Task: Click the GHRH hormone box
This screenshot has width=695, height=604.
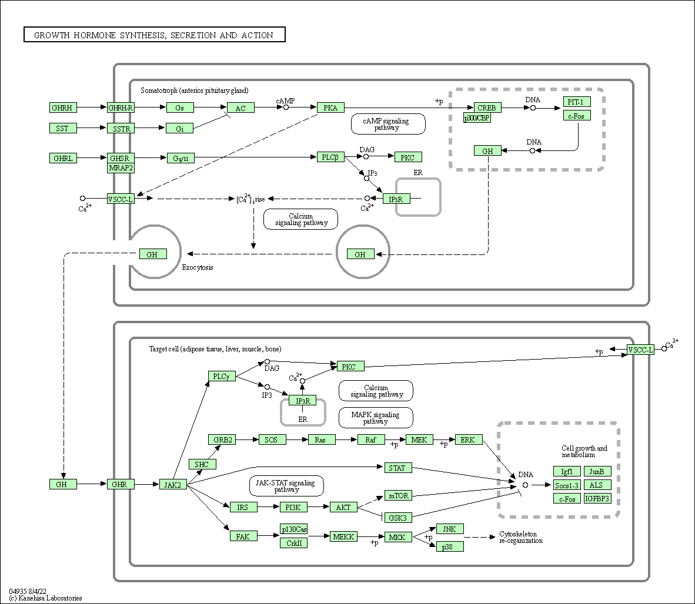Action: pyautogui.click(x=63, y=108)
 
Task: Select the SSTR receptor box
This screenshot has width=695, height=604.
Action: pyautogui.click(x=121, y=128)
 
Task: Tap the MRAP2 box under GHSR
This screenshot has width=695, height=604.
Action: pyautogui.click(x=121, y=168)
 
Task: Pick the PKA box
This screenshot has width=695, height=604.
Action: pyautogui.click(x=330, y=108)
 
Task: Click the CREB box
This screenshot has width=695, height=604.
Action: pyautogui.click(x=487, y=108)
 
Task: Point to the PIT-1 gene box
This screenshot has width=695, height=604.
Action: pyautogui.click(x=576, y=102)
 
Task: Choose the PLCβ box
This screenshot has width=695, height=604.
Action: pyautogui.click(x=330, y=157)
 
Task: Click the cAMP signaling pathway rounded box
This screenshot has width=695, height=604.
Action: pyautogui.click(x=388, y=124)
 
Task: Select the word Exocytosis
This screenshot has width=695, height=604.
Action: pyautogui.click(x=198, y=267)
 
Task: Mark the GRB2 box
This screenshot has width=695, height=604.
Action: pyautogui.click(x=222, y=439)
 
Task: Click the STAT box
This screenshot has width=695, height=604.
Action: pyautogui.click(x=398, y=468)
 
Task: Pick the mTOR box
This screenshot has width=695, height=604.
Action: pyautogui.click(x=398, y=495)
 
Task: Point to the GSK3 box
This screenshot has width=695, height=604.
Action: pyautogui.click(x=398, y=517)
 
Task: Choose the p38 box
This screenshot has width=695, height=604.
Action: pyautogui.click(x=450, y=546)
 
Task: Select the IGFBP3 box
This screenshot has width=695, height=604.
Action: pyautogui.click(x=597, y=498)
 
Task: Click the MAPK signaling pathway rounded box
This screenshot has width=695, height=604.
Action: pyautogui.click(x=376, y=418)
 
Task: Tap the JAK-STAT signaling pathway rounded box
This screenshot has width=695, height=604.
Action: pyautogui.click(x=286, y=486)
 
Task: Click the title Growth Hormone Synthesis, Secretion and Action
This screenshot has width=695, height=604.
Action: pyautogui.click(x=154, y=35)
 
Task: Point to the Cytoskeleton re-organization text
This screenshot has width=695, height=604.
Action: pyautogui.click(x=520, y=537)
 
